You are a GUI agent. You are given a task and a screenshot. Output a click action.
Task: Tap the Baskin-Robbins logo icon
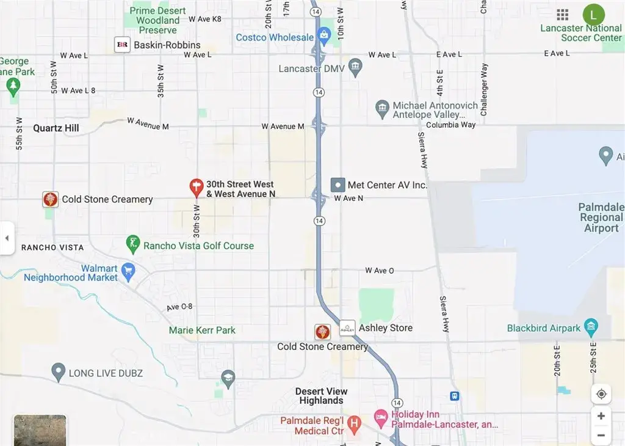[x=122, y=45]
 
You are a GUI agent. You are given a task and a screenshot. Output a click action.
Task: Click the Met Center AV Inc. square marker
[x=338, y=185]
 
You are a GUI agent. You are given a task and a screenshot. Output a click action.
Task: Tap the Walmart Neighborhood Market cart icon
[x=128, y=271]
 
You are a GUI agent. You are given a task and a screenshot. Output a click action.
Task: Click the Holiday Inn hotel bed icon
[x=381, y=419]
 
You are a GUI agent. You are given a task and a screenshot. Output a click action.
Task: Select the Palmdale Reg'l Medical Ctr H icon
[x=355, y=422]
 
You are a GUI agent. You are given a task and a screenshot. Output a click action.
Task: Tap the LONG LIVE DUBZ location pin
[x=58, y=371]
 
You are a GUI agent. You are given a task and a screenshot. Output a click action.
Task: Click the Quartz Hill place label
[x=56, y=128]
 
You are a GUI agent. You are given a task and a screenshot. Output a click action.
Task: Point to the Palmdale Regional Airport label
[x=601, y=218]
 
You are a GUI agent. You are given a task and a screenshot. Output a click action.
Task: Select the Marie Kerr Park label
[x=202, y=331]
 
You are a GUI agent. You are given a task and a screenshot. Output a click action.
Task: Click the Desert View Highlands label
[x=322, y=396]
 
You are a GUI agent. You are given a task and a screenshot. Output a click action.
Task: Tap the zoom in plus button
[x=601, y=416]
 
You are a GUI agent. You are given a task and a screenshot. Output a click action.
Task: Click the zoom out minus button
[x=601, y=436]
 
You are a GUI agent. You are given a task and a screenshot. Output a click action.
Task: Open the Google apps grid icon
[x=563, y=15]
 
